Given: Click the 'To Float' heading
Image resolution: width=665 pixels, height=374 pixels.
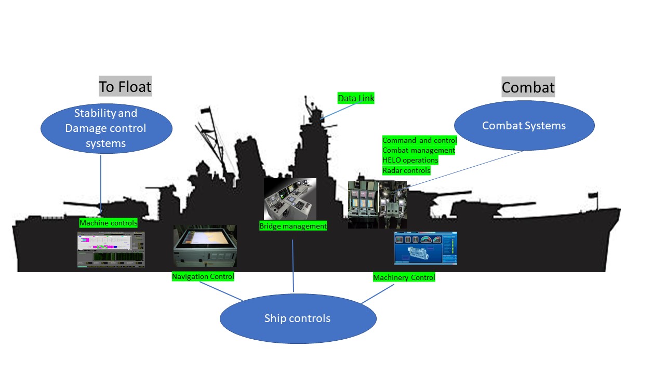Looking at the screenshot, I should [x=125, y=86].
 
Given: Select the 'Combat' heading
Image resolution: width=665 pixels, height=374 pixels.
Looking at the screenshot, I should [x=528, y=87].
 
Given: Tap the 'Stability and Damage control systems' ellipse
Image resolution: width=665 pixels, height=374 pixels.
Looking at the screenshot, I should [x=106, y=128].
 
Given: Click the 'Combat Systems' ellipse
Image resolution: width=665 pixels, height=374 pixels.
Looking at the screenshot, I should [x=524, y=126].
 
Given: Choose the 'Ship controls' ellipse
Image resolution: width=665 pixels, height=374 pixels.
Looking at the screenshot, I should [x=297, y=318].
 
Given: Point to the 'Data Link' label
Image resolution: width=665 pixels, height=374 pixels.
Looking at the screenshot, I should [x=356, y=98].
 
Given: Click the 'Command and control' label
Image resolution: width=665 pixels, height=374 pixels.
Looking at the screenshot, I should [x=419, y=140].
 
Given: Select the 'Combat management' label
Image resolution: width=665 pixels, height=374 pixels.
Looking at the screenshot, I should [x=418, y=150].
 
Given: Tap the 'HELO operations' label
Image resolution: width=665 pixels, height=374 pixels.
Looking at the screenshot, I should [x=410, y=160].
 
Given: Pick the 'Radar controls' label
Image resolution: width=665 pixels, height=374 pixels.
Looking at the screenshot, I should [x=406, y=170].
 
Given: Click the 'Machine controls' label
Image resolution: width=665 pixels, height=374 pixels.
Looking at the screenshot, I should [x=108, y=223].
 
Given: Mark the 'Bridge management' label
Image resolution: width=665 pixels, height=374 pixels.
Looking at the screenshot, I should [x=293, y=226].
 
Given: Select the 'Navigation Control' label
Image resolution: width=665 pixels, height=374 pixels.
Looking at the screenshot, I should [x=203, y=277].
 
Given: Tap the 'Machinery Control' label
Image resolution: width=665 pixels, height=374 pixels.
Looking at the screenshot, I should [x=404, y=277].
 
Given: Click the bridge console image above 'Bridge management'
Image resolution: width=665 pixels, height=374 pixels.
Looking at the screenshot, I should [x=290, y=198].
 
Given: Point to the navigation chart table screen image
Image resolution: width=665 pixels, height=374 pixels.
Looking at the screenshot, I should [x=205, y=246].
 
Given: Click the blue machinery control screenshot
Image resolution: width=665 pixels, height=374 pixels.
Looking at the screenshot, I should [x=425, y=248].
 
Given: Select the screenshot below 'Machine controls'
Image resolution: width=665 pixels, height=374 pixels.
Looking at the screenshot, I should [x=111, y=249].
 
